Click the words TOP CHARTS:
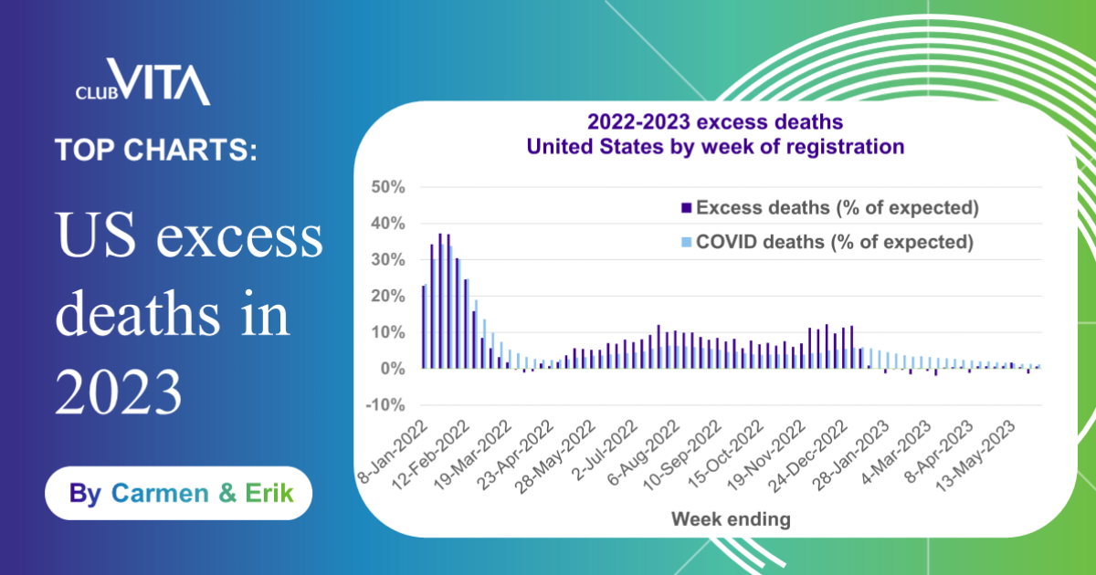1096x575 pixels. click(x=155, y=150)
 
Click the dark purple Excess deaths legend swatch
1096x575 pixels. click(x=687, y=208)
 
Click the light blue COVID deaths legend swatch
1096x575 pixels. click(x=687, y=243)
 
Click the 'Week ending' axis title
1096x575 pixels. click(x=731, y=519)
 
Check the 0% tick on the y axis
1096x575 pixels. click(x=390, y=369)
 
